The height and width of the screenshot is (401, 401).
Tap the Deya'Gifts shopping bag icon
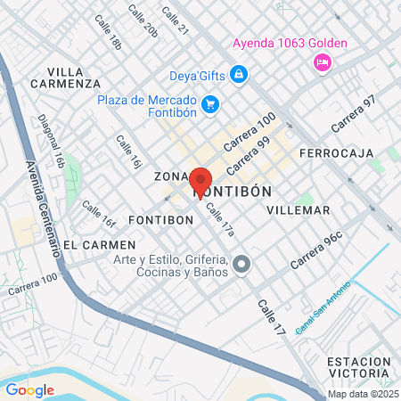pyautogui.click(x=238, y=75)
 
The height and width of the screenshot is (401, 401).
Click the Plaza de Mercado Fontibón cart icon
pyautogui.click(x=209, y=105)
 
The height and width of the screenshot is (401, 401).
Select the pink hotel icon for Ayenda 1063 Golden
pyautogui.click(x=321, y=61)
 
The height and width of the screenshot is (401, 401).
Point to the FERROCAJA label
pyautogui.click(x=333, y=153)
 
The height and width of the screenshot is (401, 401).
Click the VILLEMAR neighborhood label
pyautogui.click(x=298, y=210)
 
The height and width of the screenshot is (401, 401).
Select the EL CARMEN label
pyautogui.click(x=100, y=244)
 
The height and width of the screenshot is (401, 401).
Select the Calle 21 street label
pyautogui.click(x=177, y=19)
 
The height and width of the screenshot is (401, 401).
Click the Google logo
pyautogui.click(x=29, y=389)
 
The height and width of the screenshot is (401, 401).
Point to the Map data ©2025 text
pyautogui.click(x=363, y=394)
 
